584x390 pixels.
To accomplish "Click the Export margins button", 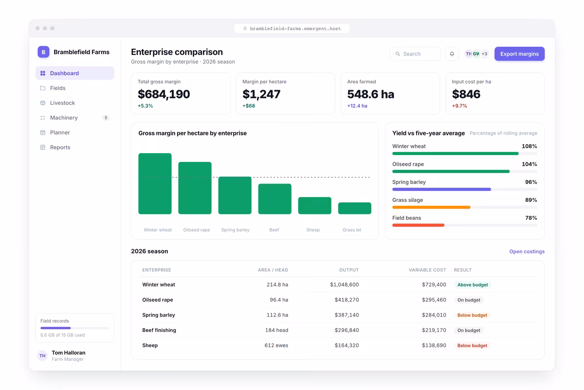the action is pyautogui.click(x=519, y=54).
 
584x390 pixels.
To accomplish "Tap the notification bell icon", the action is pyautogui.click(x=452, y=54).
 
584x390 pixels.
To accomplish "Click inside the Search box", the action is pyautogui.click(x=415, y=54).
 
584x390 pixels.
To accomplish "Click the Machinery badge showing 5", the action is pyautogui.click(x=106, y=118).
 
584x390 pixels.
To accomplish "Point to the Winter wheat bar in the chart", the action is pyautogui.click(x=155, y=184).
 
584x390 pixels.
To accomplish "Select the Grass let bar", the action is pyautogui.click(x=355, y=208).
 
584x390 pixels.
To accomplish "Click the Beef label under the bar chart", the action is pyautogui.click(x=274, y=230).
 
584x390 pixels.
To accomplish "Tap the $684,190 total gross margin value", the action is pyautogui.click(x=164, y=94).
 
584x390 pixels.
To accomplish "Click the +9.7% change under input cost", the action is pyautogui.click(x=459, y=106).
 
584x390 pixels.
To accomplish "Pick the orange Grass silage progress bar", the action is pyautogui.click(x=431, y=207).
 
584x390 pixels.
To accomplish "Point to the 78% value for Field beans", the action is pyautogui.click(x=531, y=218).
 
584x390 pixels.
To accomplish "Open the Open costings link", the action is pyautogui.click(x=527, y=251).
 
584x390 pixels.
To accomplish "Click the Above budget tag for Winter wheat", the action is pyautogui.click(x=473, y=285).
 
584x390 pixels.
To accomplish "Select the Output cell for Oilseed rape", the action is pyautogui.click(x=347, y=300).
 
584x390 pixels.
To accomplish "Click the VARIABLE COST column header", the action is pyautogui.click(x=427, y=270).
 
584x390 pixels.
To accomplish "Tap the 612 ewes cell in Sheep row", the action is pyautogui.click(x=276, y=345).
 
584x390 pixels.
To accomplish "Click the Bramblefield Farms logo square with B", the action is pyautogui.click(x=43, y=52).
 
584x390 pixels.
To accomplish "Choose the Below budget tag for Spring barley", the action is pyautogui.click(x=472, y=315).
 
